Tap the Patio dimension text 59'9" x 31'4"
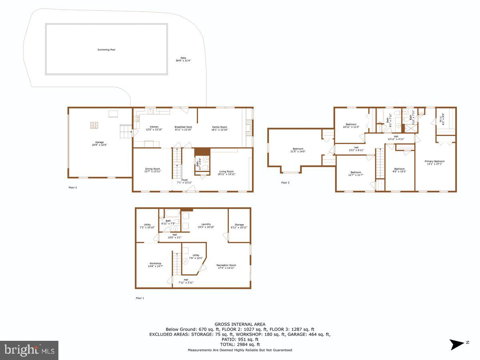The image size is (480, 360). pyautogui.click(x=183, y=61)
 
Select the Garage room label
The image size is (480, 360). pyautogui.click(x=99, y=142)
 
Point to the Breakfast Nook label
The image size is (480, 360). pyautogui.click(x=183, y=127)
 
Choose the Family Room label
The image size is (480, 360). pyautogui.click(x=220, y=127)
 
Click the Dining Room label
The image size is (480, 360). pyautogui.click(x=152, y=169)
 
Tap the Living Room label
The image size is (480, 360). pyautogui.click(x=226, y=172)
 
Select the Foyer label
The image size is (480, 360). pyautogui.click(x=184, y=180)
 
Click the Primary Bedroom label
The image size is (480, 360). pyautogui.click(x=434, y=161)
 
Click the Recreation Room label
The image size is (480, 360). pyautogui.click(x=226, y=265)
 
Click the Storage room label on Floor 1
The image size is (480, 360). pyautogui.click(x=239, y=225)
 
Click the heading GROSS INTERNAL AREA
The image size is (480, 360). pyautogui.click(x=240, y=324)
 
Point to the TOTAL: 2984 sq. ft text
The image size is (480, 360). pyautogui.click(x=240, y=344)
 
